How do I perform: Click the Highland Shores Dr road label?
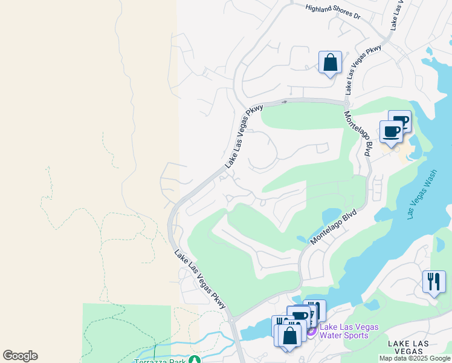point(333,12)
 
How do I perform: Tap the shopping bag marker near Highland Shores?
point(330,63)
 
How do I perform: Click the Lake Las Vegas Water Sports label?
point(349,331)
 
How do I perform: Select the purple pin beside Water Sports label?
point(311,330)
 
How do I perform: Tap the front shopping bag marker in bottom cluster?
point(290,336)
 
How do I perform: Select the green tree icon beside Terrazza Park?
point(194,360)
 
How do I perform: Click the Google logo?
point(20,356)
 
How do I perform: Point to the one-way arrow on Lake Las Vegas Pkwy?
point(284,102)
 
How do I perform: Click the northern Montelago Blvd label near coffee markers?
point(357,134)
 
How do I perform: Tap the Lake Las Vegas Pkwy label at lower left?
point(200,280)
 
